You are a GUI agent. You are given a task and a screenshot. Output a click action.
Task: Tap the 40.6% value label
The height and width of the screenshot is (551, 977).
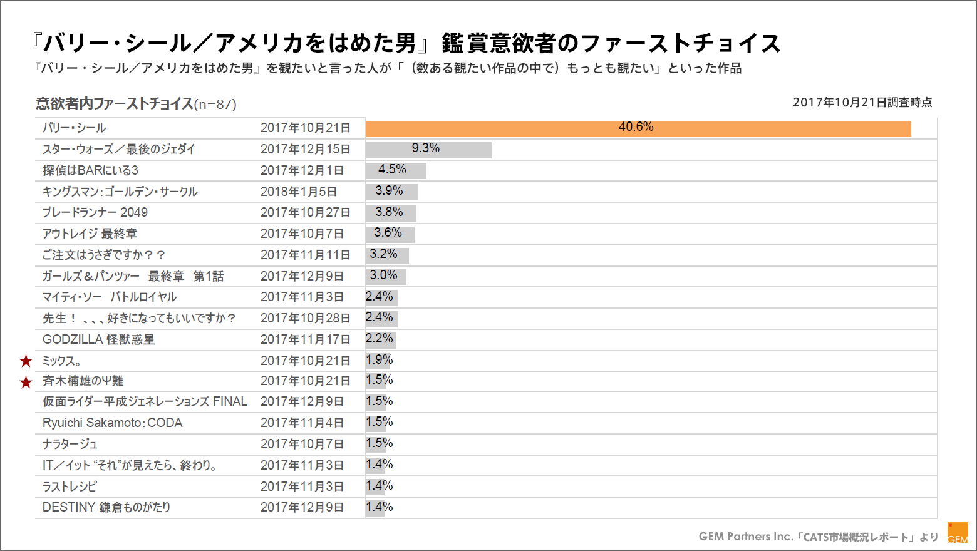click(636, 127)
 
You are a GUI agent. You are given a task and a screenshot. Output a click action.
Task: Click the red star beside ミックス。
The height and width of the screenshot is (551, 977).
click(26, 361)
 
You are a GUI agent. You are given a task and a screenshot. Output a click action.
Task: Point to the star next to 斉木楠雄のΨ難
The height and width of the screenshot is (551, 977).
click(26, 382)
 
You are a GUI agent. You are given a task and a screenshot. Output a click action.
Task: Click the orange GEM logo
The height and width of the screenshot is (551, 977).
click(958, 533)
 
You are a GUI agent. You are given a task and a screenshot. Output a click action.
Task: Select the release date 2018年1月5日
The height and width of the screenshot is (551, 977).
click(299, 192)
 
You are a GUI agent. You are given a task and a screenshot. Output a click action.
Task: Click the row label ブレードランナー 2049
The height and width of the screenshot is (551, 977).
click(95, 212)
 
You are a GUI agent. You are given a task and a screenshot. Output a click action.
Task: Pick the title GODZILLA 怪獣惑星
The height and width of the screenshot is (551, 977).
click(98, 339)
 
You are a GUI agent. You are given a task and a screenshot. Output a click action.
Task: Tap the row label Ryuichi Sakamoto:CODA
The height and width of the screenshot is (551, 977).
click(113, 423)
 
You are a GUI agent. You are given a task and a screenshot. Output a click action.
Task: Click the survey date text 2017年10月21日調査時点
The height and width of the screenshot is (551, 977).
click(862, 102)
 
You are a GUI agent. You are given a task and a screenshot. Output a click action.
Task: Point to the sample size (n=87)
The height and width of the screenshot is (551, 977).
click(215, 105)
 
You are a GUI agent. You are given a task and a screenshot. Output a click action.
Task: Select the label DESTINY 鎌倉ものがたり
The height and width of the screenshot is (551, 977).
click(106, 507)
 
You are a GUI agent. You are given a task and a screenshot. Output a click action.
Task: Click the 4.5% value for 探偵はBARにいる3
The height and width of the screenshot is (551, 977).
click(392, 170)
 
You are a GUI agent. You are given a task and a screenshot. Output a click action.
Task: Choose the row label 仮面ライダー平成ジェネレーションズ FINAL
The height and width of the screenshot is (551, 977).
click(145, 401)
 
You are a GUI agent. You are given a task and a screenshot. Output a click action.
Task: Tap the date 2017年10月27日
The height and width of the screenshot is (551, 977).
click(305, 212)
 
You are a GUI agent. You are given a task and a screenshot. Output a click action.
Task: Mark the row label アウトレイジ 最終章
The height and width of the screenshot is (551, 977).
click(90, 234)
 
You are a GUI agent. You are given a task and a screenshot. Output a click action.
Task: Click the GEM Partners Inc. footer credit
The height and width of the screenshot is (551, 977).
click(818, 537)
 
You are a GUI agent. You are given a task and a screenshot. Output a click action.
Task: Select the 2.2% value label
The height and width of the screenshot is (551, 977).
click(380, 339)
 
